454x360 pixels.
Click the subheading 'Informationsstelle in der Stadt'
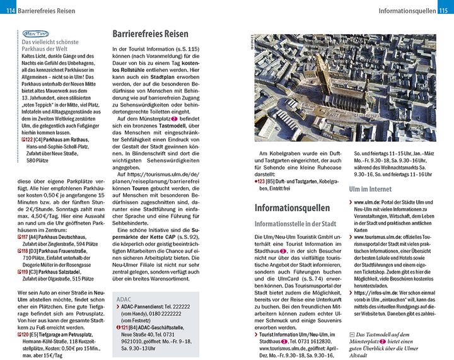(294, 224)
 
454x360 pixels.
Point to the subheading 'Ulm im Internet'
(370, 189)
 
